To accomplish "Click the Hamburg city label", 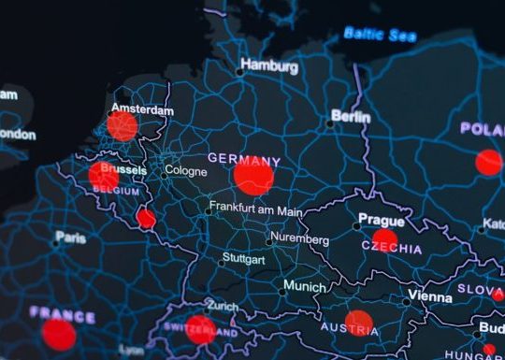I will pyautogui.click(x=269, y=66).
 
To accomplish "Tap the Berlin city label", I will pyautogui.click(x=351, y=117).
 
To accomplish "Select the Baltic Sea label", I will pyautogui.click(x=380, y=34).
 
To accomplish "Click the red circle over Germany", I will pyautogui.click(x=253, y=176).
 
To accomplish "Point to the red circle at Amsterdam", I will pyautogui.click(x=122, y=126).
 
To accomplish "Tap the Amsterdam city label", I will pyautogui.click(x=142, y=110).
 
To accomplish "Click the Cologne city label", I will pyautogui.click(x=185, y=171).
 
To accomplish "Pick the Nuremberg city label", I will pyautogui.click(x=298, y=239).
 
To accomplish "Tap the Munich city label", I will pyautogui.click(x=305, y=285).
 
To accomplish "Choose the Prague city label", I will pyautogui.click(x=382, y=221).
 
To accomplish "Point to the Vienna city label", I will pyautogui.click(x=429, y=296).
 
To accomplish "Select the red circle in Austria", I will pyautogui.click(x=359, y=323).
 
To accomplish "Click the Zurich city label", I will pyautogui.click(x=223, y=306).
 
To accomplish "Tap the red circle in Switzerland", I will pyautogui.click(x=199, y=328).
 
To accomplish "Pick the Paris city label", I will pyautogui.click(x=70, y=238).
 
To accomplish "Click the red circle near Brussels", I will pyautogui.click(x=103, y=175).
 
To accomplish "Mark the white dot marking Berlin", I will pyautogui.click(x=330, y=122).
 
